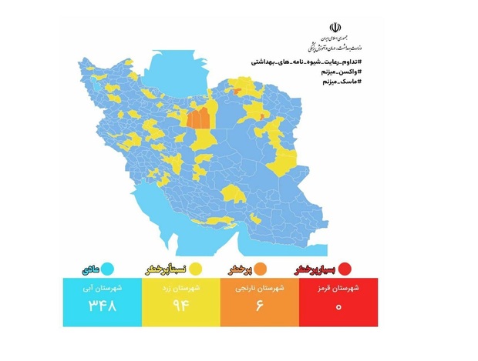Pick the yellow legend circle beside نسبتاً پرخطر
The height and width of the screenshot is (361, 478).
click(196, 269)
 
